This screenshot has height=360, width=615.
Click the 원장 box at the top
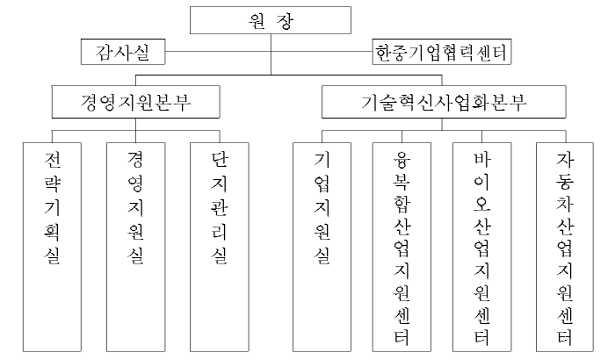click(271, 20)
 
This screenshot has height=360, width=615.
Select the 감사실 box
click(123, 52)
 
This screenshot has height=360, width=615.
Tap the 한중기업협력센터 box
click(442, 52)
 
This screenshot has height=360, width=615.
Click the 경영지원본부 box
click(135, 102)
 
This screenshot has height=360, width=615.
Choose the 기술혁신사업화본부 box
click(444, 102)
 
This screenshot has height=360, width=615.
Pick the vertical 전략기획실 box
click(52, 247)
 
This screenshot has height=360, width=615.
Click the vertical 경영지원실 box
click(135, 247)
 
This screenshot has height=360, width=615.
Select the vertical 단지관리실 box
click(220, 247)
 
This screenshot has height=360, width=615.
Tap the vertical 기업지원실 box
click(322, 247)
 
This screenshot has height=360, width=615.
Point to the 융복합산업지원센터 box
click(402, 247)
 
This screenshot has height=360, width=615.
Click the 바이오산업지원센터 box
click(481, 247)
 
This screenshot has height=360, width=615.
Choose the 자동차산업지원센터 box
click(565, 247)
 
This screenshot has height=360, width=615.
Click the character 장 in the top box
click(285, 20)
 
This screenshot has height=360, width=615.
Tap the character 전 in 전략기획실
click(52, 159)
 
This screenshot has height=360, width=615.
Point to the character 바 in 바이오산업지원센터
click(482, 159)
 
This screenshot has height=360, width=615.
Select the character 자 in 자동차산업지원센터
click(565, 159)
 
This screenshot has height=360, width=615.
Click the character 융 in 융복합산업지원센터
click(402, 159)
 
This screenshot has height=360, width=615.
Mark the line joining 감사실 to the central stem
click(218, 52)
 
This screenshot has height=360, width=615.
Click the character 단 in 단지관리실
click(220, 159)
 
